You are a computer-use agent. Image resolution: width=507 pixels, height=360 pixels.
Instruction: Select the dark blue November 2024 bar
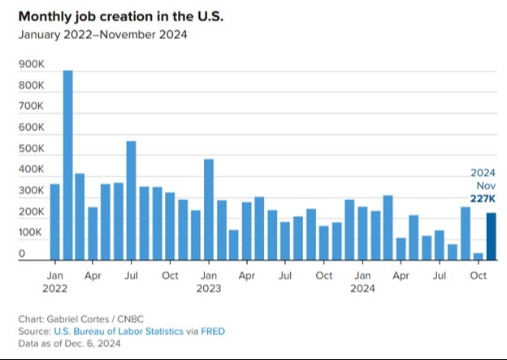coord(491,236)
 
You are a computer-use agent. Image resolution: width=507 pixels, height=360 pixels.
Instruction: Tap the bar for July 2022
coord(131,200)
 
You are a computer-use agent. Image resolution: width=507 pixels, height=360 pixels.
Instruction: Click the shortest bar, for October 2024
coord(478,256)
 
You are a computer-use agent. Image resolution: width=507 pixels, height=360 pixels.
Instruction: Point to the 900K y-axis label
coord(32,64)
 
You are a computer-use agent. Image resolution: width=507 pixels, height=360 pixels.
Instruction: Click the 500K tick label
coord(32,149)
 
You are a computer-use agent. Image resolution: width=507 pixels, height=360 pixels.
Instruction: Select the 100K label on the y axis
coord(32,233)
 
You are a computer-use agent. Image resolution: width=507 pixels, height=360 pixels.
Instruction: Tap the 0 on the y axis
coord(23,254)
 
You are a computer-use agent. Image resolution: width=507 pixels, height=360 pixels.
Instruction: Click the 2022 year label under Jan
coord(54,287)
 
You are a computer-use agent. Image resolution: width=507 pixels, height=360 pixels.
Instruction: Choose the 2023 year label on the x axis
coord(208,287)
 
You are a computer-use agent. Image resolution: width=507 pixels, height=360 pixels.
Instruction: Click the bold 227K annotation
coord(483,199)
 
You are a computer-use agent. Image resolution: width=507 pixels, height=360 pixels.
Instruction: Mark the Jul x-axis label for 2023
coord(285,275)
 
